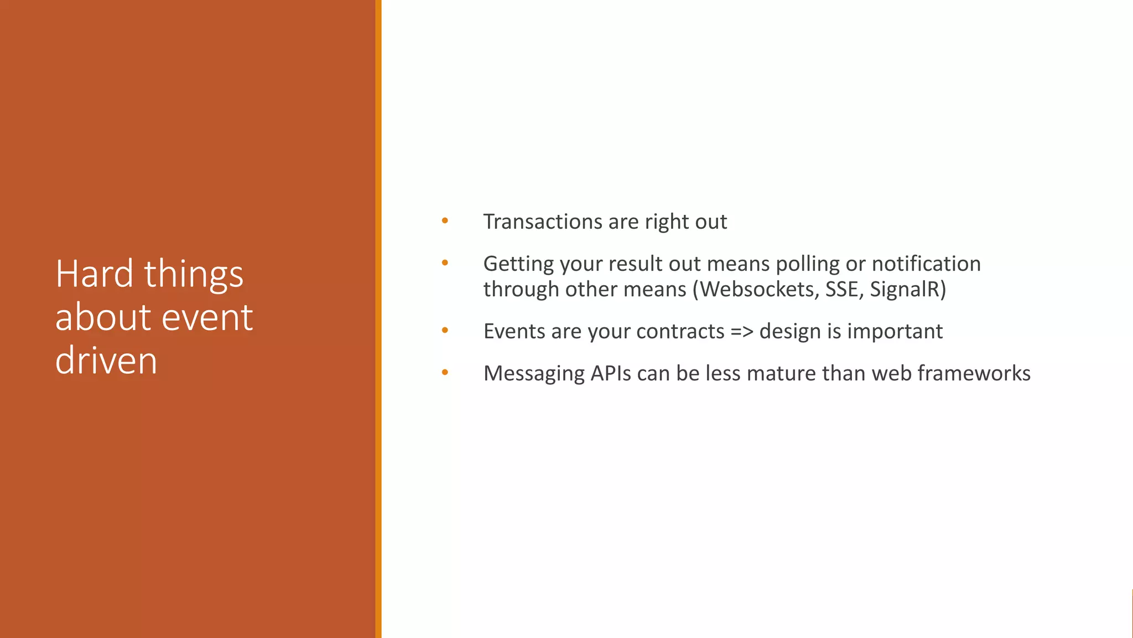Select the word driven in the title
tap(106, 361)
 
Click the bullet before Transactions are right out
tap(445, 222)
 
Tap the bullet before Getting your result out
tap(445, 264)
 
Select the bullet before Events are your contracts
tap(445, 331)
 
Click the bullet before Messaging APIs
tap(445, 373)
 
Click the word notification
tap(926, 264)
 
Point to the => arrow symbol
tap(741, 331)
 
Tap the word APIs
tap(610, 373)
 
